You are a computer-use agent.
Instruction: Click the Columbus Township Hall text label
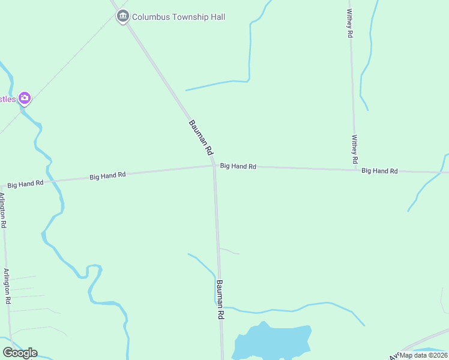(x=178, y=17)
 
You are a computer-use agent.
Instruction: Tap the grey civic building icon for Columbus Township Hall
(x=123, y=16)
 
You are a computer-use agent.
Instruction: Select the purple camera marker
(x=24, y=98)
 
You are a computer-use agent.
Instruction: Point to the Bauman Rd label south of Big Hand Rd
(x=220, y=299)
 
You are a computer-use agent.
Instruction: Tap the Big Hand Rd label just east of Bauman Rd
(x=238, y=166)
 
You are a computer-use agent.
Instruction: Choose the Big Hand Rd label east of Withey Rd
(x=379, y=171)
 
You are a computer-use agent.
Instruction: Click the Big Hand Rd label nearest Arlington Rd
(x=25, y=183)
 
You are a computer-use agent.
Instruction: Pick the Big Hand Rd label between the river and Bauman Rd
(x=107, y=176)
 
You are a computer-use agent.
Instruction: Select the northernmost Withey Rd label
(x=349, y=23)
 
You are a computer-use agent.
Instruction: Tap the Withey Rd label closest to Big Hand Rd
(x=355, y=149)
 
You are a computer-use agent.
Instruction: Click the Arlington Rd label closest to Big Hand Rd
(x=3, y=209)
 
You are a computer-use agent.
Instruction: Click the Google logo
(x=20, y=353)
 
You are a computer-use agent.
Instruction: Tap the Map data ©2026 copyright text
(x=423, y=355)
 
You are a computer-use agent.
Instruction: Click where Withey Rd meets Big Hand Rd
(x=355, y=170)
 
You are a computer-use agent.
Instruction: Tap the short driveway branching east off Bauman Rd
(x=229, y=251)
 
